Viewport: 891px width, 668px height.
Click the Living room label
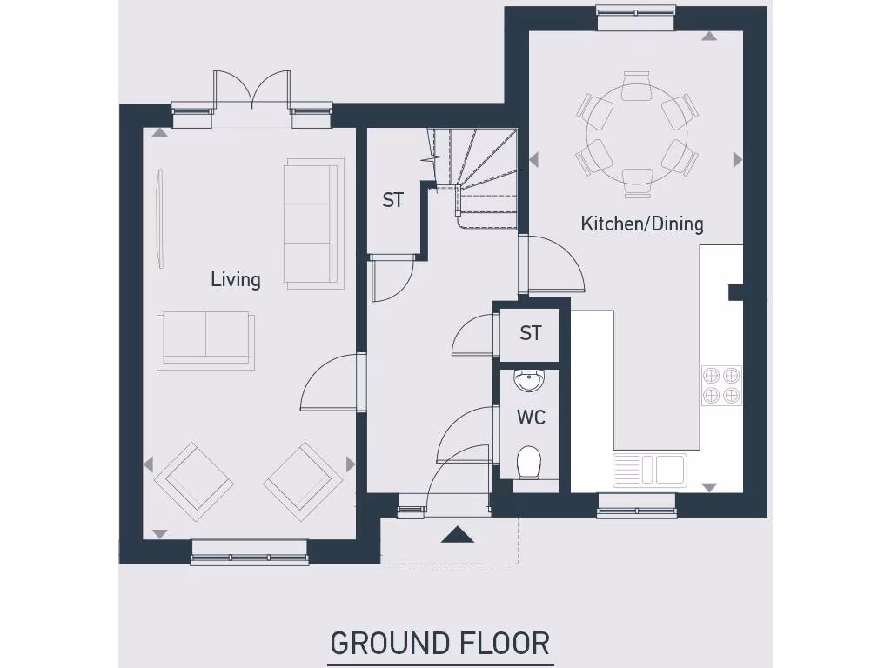pos(235,279)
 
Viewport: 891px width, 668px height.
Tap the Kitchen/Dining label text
pos(641,224)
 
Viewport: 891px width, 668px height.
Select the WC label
pos(531,417)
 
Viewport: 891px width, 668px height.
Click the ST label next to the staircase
pos(392,200)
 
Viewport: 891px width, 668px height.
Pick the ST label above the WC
pos(530,333)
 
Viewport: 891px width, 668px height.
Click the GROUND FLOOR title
pos(439,644)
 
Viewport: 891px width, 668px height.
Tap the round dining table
pos(637,135)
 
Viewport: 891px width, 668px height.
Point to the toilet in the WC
pos(529,463)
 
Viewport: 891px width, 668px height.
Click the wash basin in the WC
pos(529,380)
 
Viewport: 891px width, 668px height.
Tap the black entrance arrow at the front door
pos(457,535)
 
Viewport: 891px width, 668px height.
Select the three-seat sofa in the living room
pos(311,224)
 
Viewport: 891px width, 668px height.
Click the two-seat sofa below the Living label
pos(205,339)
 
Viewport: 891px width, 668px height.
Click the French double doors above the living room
pos(252,90)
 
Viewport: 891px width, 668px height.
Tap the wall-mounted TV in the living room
pos(159,217)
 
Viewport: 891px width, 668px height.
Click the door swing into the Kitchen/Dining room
pos(553,265)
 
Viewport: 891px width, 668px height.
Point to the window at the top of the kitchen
pos(636,11)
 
